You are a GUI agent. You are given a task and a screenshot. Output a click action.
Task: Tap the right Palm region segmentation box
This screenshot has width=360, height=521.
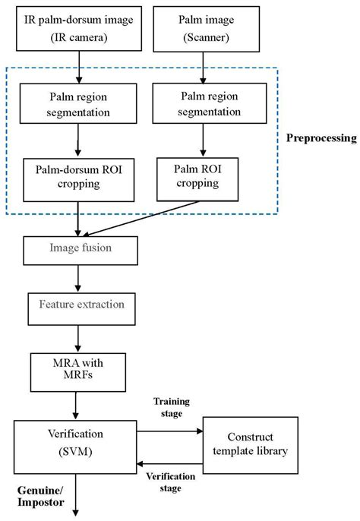(201, 103)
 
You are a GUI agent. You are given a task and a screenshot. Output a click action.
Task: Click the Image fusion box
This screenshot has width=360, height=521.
(80, 248)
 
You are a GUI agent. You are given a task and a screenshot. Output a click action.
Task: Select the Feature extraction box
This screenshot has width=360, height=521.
(80, 305)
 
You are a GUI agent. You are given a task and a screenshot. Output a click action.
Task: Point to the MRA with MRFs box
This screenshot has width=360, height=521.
(74, 370)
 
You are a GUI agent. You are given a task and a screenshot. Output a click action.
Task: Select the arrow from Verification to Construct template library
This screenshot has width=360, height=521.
(172, 430)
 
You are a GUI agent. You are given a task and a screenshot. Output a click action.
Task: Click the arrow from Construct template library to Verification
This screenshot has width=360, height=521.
(172, 463)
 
